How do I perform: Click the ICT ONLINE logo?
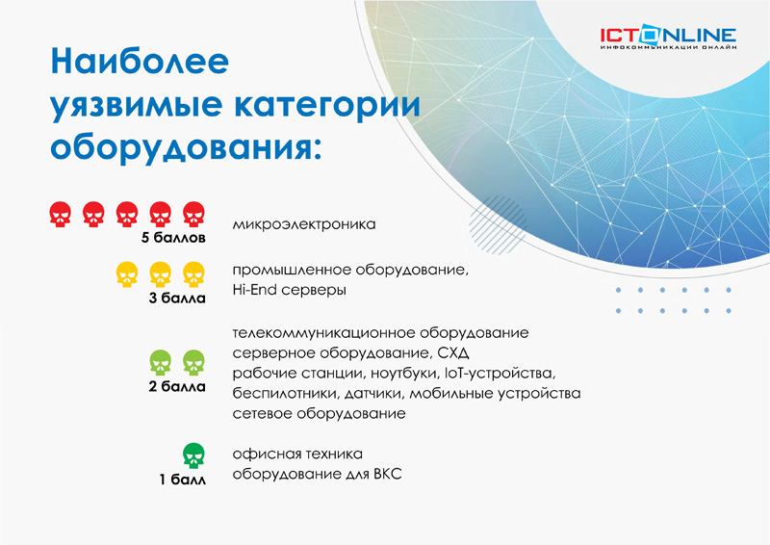668,38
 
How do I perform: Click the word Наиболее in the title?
140,61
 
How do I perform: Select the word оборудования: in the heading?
186,147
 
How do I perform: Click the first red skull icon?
61,215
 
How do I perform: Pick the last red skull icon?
194,215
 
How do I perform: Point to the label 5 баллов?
173,238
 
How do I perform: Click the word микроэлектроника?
304,224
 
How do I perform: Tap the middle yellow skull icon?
161,274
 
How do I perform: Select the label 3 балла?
177,298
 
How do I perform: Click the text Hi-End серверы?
290,290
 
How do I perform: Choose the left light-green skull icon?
161,363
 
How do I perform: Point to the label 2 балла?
177,387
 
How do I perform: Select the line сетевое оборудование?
320,414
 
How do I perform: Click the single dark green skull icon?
194,455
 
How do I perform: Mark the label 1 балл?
182,480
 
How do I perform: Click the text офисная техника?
297,454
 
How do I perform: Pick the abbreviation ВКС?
388,475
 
